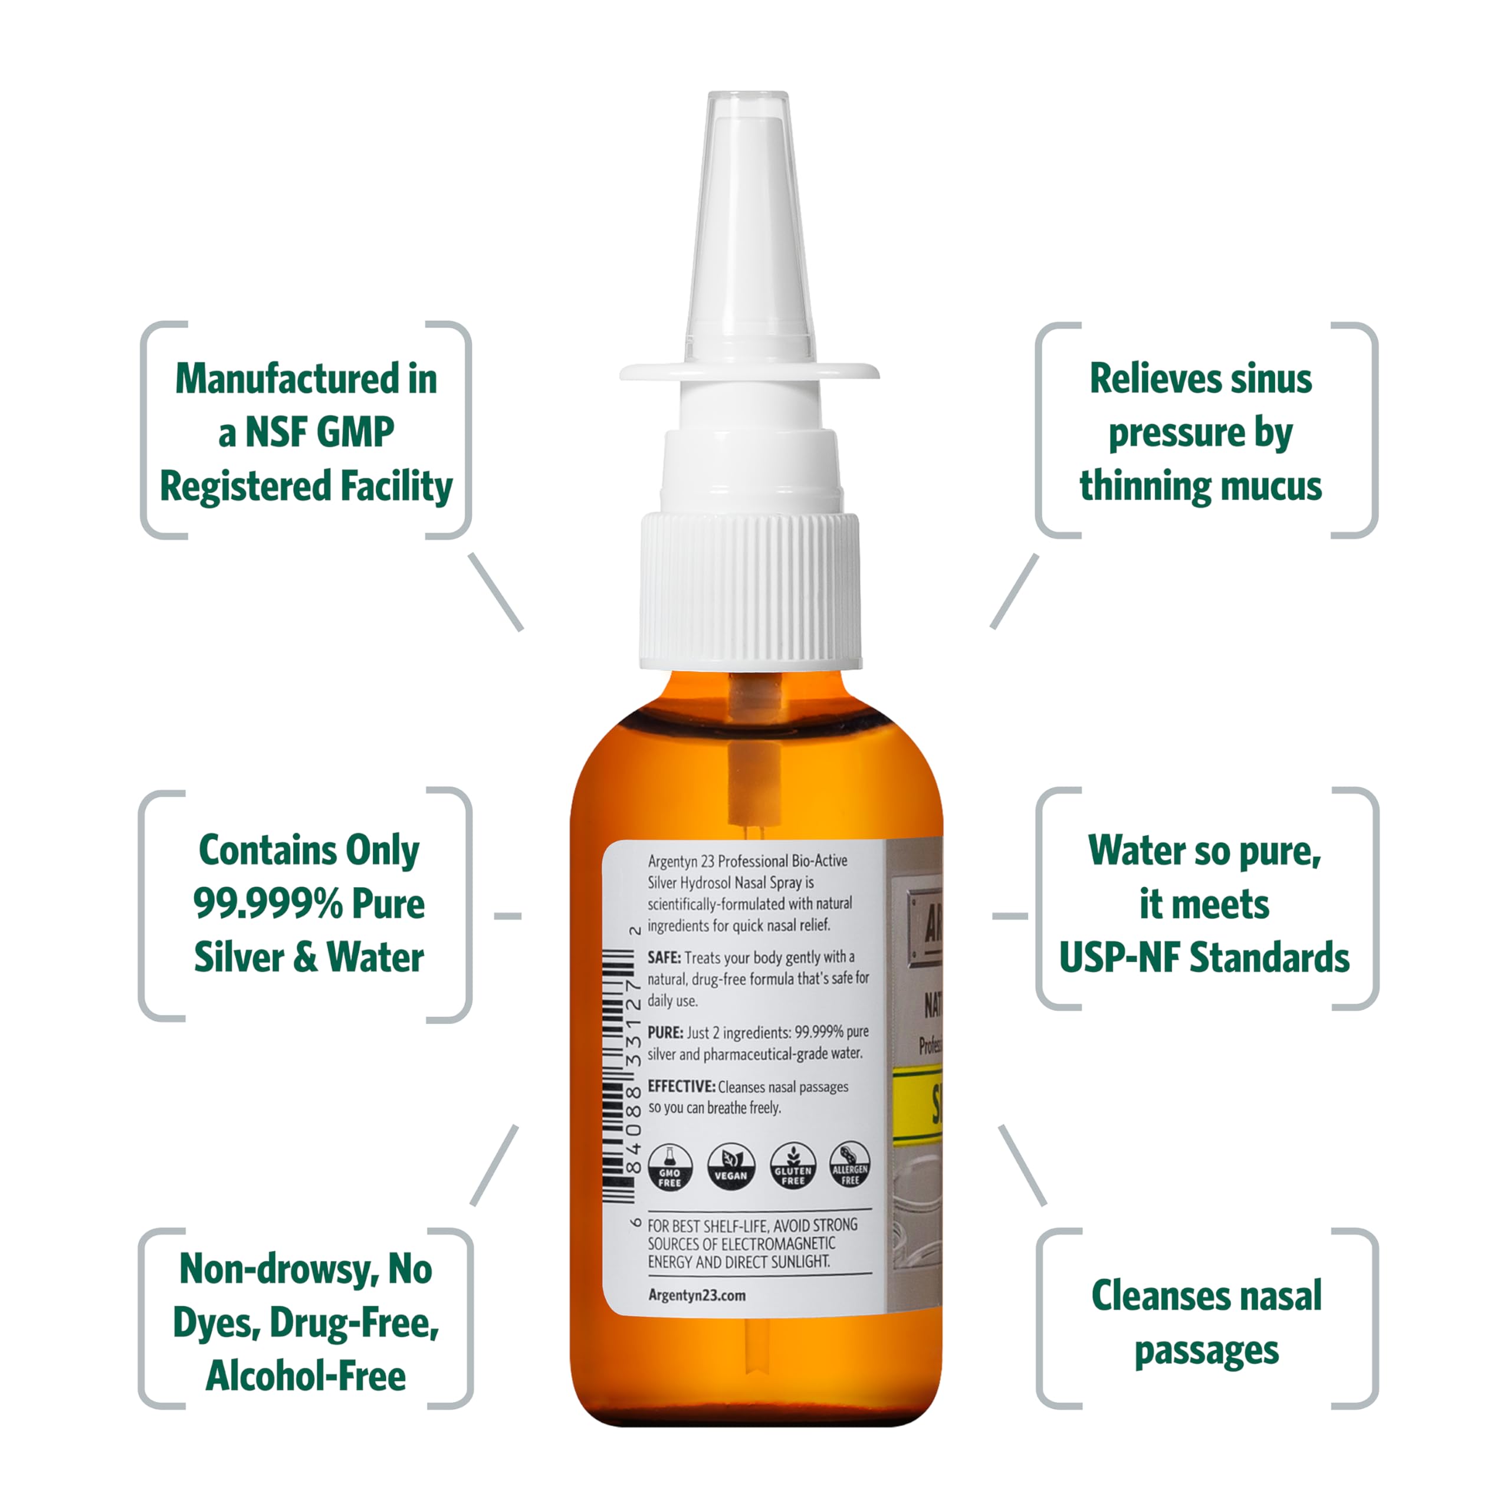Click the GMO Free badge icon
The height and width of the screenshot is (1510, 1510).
pos(670,1167)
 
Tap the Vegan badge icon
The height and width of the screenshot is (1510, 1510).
pos(731,1167)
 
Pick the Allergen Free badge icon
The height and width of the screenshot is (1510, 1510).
pos(849,1164)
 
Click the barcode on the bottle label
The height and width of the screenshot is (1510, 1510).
pos(618,1075)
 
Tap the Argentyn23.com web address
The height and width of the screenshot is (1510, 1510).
pos(697,1295)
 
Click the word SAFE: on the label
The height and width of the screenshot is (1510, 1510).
pos(664,957)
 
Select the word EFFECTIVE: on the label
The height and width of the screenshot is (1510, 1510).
pos(681,1086)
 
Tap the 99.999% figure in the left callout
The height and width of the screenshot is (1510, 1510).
pos(267,904)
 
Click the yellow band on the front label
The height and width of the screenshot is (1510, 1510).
pos(919,1104)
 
